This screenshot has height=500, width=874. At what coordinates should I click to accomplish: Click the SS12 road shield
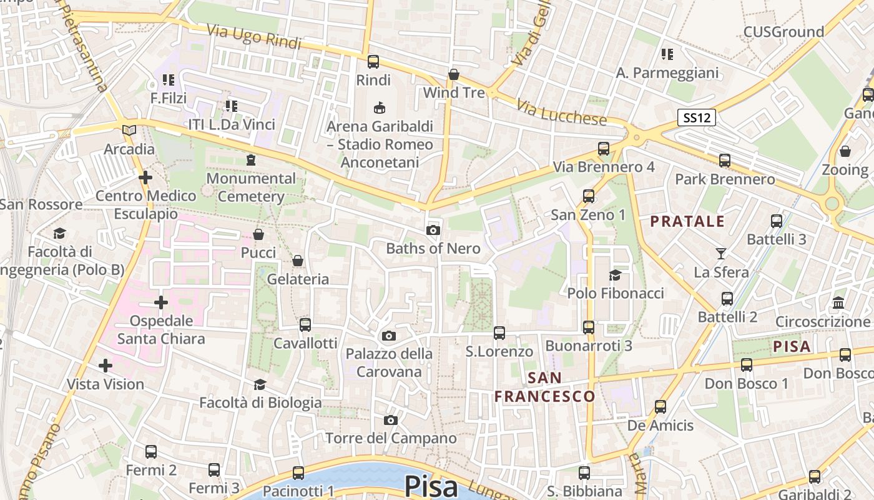[x=697, y=117]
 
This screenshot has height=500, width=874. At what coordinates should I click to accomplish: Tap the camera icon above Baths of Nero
[x=433, y=231]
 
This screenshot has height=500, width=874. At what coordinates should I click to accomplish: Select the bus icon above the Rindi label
[x=373, y=62]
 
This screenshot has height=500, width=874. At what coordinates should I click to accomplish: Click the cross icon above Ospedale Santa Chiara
[x=161, y=303]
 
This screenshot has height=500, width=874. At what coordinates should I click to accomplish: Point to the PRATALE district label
[x=687, y=221]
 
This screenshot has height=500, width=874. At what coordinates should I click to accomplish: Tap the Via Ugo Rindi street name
[x=254, y=37]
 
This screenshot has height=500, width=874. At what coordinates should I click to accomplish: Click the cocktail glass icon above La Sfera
[x=721, y=254]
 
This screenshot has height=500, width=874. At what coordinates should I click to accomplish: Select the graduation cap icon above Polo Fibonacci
[x=615, y=275]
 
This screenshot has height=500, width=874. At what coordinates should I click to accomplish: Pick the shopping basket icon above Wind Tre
[x=454, y=75]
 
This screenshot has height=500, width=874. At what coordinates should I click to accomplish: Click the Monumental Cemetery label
[x=251, y=187]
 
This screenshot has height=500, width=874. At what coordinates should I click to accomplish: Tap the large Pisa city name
[x=431, y=486]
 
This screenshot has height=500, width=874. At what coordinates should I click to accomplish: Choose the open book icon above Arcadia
[x=129, y=131]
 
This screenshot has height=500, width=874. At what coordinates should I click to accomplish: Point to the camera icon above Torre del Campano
[x=391, y=420]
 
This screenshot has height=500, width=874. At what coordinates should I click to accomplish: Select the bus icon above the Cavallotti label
[x=305, y=325]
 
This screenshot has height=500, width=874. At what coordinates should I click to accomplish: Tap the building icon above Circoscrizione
[x=838, y=303]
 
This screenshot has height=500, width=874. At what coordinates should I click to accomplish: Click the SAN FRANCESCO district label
[x=544, y=387]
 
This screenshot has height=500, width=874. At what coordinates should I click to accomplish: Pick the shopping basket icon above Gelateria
[x=298, y=261]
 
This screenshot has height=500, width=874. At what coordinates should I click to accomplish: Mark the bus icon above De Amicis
[x=660, y=407]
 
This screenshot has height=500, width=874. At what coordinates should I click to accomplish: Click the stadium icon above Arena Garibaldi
[x=379, y=108]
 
